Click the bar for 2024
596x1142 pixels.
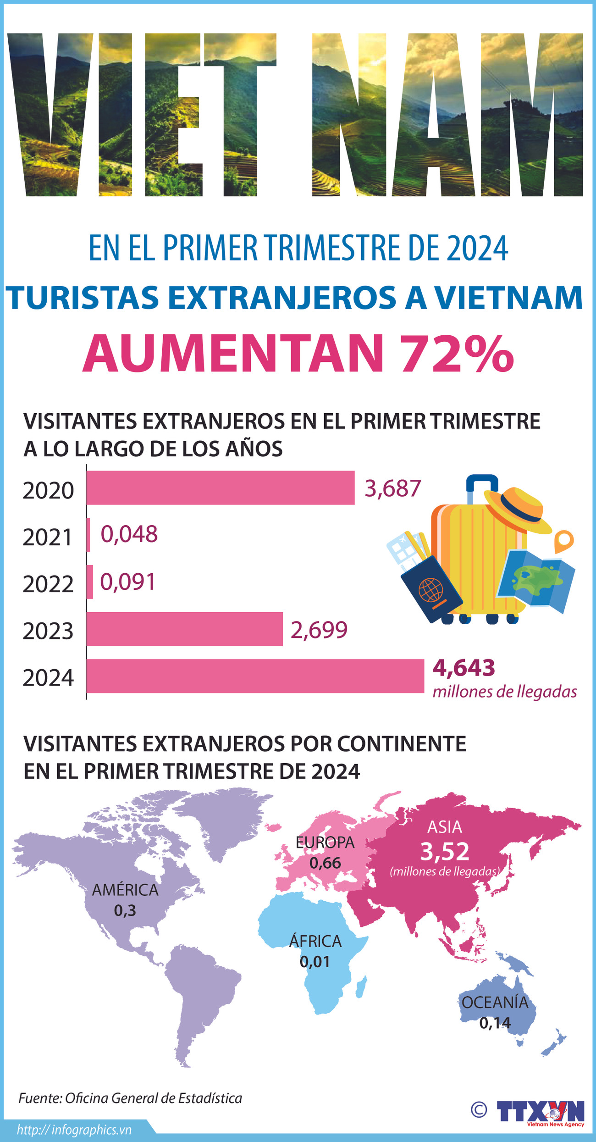(255, 676)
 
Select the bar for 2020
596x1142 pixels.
(220, 488)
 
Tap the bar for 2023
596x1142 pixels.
(184, 629)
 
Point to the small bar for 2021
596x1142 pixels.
(88, 535)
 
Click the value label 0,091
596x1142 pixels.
(128, 582)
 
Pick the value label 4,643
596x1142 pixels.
(464, 668)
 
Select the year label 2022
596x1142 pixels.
(48, 584)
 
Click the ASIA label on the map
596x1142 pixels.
(444, 827)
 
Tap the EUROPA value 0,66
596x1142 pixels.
(325, 863)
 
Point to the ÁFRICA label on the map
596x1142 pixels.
(315, 941)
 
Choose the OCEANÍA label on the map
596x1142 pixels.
(495, 1003)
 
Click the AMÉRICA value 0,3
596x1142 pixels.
(125, 910)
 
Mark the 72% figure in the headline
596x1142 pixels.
(456, 354)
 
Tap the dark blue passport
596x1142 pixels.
(431, 589)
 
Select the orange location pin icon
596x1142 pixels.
(563, 540)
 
